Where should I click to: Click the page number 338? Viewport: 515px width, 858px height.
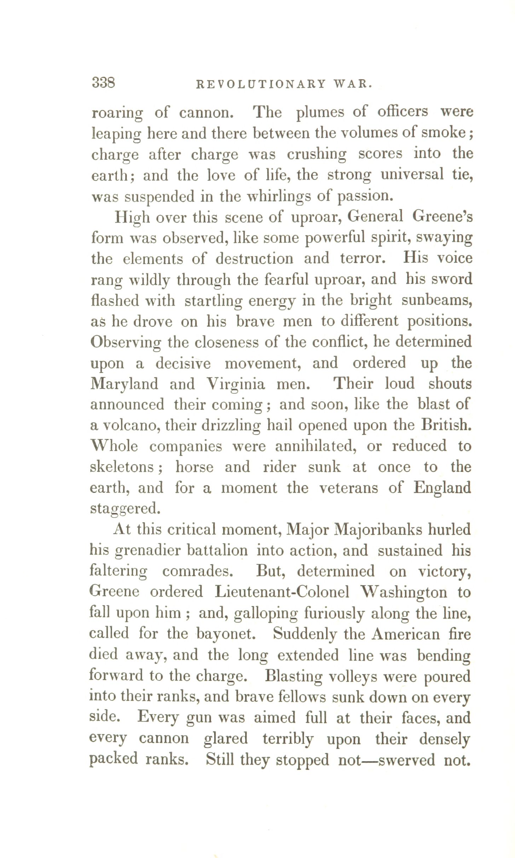point(103,83)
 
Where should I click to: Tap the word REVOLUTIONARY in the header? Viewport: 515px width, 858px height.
point(261,84)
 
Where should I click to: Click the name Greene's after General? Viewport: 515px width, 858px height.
point(442,217)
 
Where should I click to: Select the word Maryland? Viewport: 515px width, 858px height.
point(124,384)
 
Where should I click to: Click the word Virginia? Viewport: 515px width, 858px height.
point(236,384)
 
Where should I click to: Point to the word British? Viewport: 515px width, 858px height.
point(446,425)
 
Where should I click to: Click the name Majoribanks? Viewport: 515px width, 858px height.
point(378,530)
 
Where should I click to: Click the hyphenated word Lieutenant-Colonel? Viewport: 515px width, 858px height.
point(282,592)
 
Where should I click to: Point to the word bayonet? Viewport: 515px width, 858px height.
point(226,634)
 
